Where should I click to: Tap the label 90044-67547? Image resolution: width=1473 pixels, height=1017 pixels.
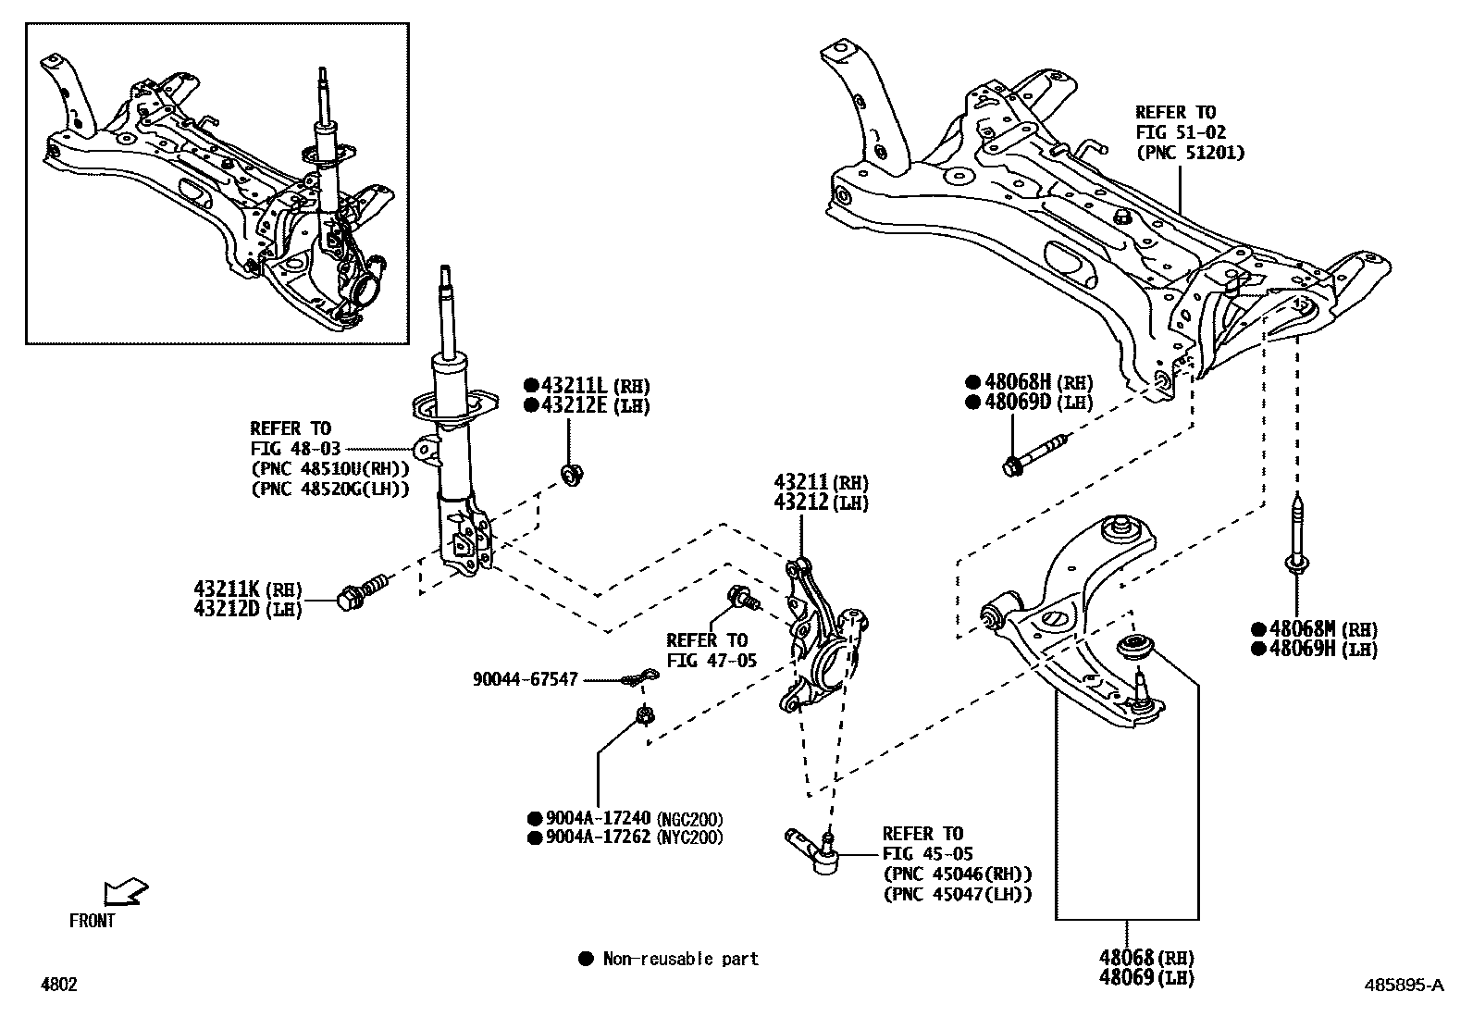click(x=525, y=680)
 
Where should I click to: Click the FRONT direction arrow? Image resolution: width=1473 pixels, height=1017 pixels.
click(x=124, y=892)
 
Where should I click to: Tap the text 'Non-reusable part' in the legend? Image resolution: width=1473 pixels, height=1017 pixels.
click(x=680, y=960)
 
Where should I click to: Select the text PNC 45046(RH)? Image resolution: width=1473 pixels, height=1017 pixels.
click(x=957, y=874)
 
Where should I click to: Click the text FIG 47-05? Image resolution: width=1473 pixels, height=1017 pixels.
click(x=711, y=661)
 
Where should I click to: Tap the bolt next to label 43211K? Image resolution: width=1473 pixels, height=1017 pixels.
click(x=364, y=593)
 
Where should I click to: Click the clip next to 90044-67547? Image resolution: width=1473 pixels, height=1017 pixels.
click(x=637, y=681)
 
